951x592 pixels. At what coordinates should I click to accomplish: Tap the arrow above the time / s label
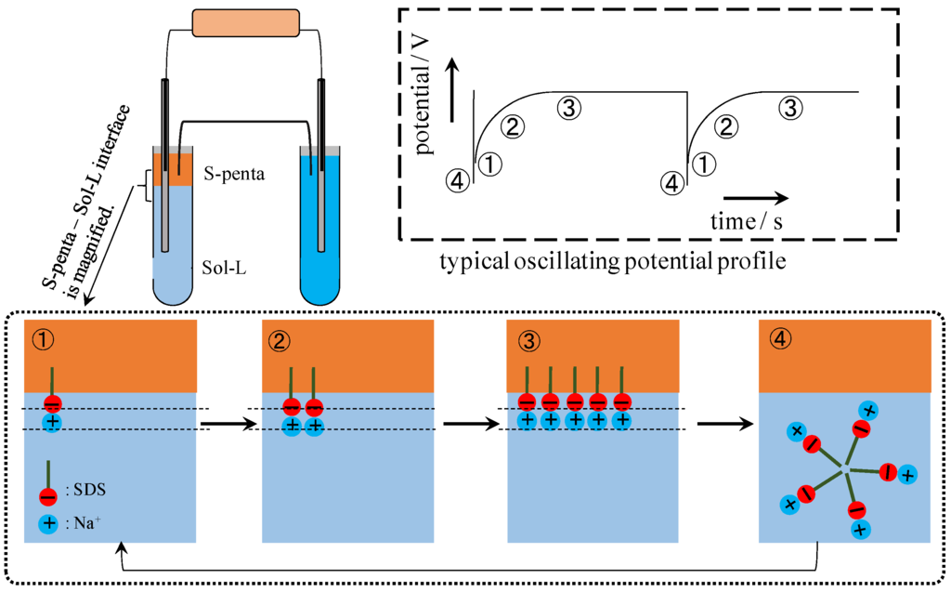tap(755, 197)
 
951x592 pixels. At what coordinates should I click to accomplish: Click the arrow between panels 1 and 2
tap(227, 424)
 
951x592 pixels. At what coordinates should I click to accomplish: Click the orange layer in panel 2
tap(348, 353)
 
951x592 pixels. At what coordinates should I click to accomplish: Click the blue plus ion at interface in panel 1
tap(53, 423)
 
